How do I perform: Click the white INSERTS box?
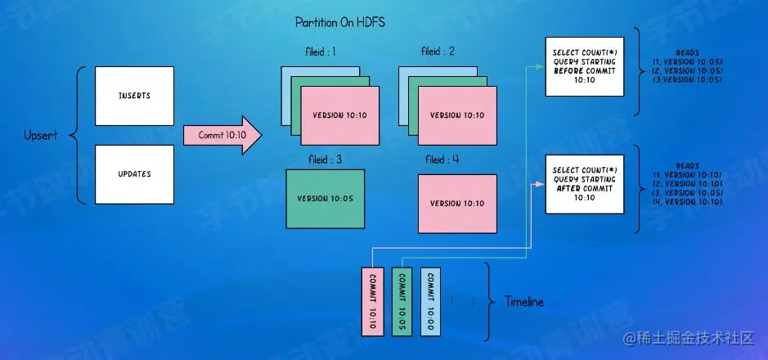pos(134,96)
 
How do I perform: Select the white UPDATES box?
pos(134,173)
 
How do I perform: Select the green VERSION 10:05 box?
pos(325,199)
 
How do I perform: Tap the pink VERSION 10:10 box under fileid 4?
pos(456,203)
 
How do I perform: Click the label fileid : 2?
pos(438,52)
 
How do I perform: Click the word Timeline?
pos(523,303)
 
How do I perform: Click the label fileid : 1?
pos(321,52)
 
